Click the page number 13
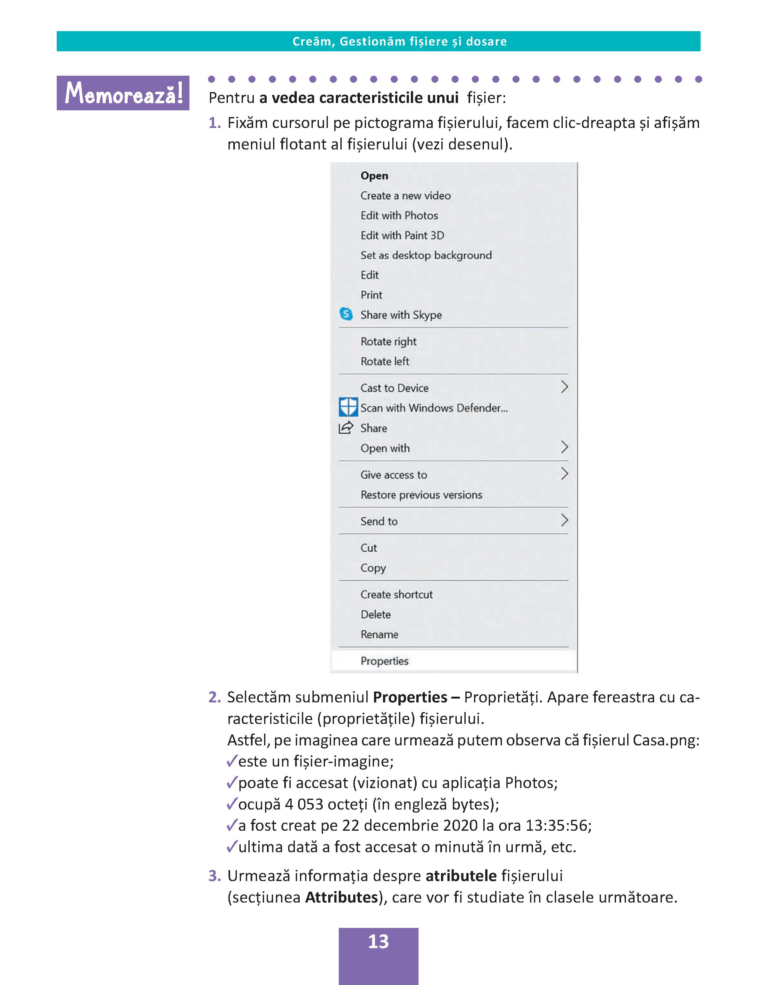[378, 941]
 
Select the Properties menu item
[384, 661]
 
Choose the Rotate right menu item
[388, 341]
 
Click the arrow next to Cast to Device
[564, 387]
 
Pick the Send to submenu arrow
[564, 521]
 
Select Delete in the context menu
[375, 614]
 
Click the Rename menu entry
[379, 634]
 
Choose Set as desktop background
[426, 255]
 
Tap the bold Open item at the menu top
[374, 176]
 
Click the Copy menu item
[373, 568]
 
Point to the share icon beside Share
[345, 428]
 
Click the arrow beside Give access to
[564, 473]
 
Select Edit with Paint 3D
[402, 235]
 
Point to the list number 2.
[214, 697]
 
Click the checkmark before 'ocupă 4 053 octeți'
[232, 804]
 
